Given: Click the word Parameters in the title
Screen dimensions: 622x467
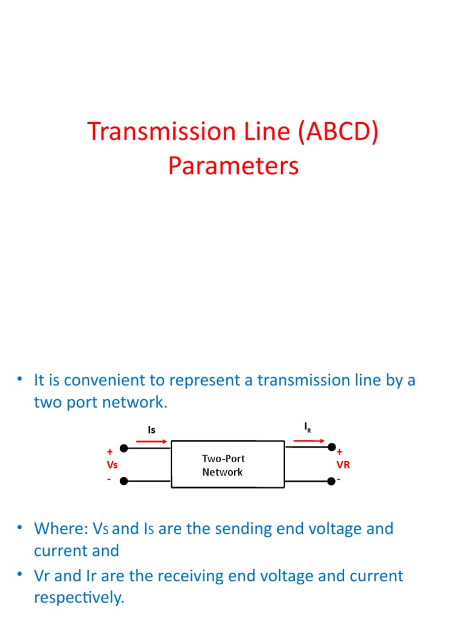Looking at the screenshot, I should pos(233,166).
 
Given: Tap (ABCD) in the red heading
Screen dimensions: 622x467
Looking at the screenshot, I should pos(338,132).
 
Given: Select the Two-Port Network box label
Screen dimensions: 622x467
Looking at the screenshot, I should pos(223,465).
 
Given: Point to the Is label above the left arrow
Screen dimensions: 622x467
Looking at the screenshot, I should pos(151,429).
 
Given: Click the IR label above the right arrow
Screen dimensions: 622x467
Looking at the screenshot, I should pos(308,427).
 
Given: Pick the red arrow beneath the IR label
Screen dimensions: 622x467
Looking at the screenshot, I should pos(309,440).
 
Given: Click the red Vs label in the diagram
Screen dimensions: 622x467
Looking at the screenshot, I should pos(112,465).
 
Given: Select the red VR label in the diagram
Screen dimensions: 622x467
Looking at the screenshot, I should pos(343,465).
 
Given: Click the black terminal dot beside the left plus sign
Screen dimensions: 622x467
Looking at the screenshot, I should pos(124,448).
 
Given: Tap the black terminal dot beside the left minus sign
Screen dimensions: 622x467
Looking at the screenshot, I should pos(124,481).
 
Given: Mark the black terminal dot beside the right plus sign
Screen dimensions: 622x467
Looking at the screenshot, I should pos(332,448).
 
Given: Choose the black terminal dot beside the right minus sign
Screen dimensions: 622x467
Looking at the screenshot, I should pos(331,481).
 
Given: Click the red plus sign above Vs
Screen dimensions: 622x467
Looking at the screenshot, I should pos(109,452).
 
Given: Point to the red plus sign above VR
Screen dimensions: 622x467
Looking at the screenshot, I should pos(339,452).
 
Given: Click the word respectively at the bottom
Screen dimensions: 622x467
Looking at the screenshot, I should pos(78,598).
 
